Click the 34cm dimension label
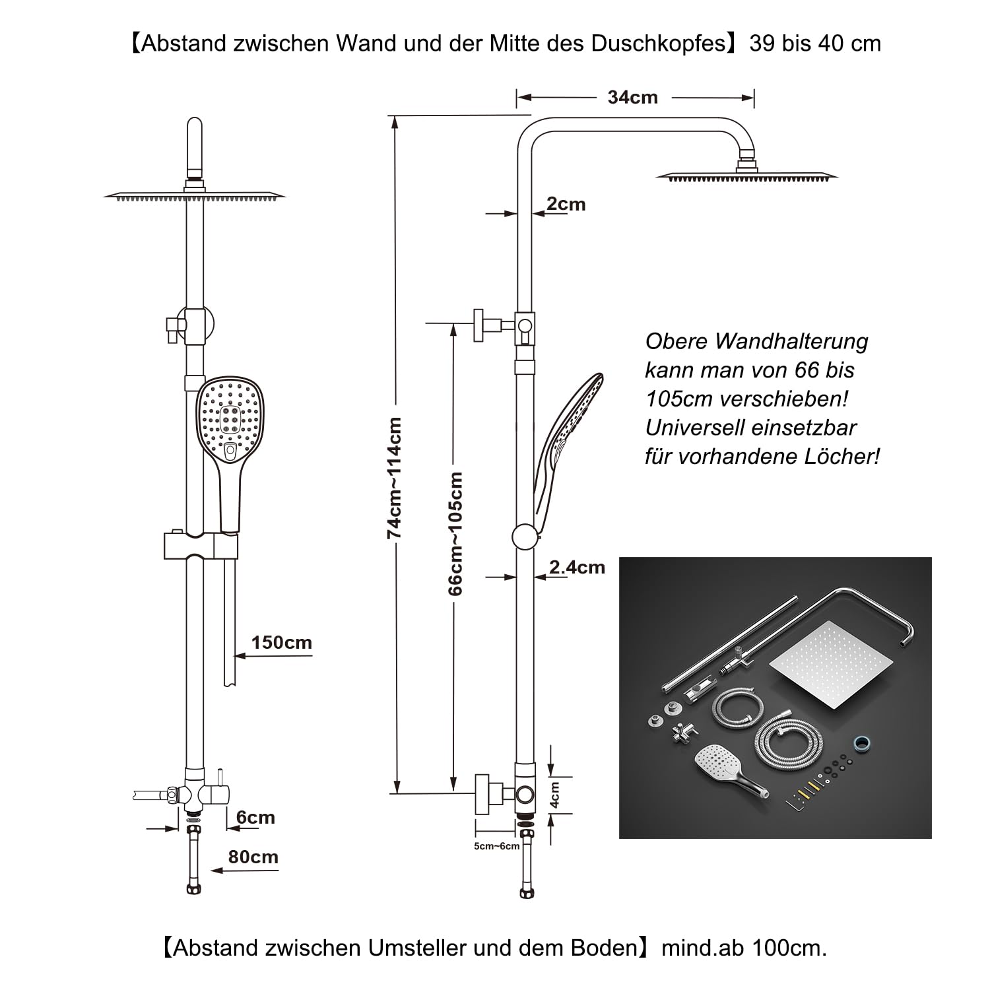[632, 98]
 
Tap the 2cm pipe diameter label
[566, 205]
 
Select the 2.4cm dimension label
[577, 567]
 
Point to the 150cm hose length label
[281, 643]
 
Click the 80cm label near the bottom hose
[253, 857]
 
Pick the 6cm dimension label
[255, 818]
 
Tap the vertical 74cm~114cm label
[395, 478]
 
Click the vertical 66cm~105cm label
[455, 533]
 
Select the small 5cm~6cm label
[496, 846]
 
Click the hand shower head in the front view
[230, 418]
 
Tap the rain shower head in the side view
[746, 176]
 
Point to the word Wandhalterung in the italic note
[791, 342]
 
